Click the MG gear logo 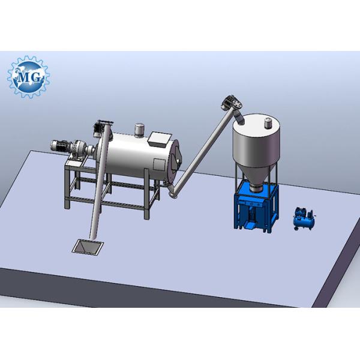(28, 77)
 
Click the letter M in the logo (23, 77)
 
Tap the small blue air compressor (304, 218)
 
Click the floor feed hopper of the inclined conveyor (88, 247)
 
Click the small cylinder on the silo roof (268, 123)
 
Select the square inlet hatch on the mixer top (160, 139)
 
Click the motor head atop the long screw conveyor (232, 102)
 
